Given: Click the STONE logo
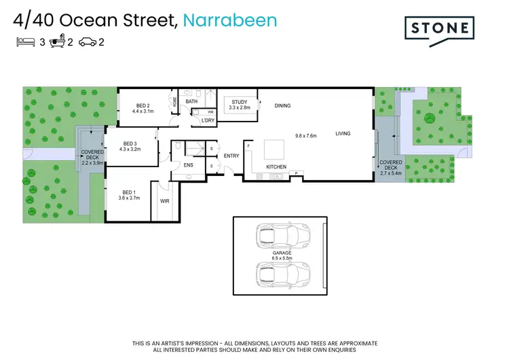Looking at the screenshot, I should pyautogui.click(x=438, y=28).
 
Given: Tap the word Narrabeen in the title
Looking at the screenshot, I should pyautogui.click(x=231, y=20).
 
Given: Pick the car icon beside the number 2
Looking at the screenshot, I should pyautogui.click(x=88, y=42).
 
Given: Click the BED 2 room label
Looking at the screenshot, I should pyautogui.click(x=143, y=105).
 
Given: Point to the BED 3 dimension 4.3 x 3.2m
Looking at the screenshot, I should pyautogui.click(x=130, y=149).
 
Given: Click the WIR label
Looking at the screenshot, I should pyautogui.click(x=164, y=202).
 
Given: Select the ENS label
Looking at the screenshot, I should pyautogui.click(x=188, y=164).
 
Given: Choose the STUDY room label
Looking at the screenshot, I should pyautogui.click(x=240, y=102).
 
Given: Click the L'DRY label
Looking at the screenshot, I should pyautogui.click(x=208, y=120).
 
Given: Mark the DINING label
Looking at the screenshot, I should pyautogui.click(x=282, y=105).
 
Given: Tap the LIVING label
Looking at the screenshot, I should pyautogui.click(x=343, y=133).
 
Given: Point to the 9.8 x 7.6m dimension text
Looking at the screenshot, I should pyautogui.click(x=307, y=135).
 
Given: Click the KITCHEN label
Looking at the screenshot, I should pyautogui.click(x=276, y=166).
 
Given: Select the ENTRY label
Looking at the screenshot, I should pyautogui.click(x=231, y=156).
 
